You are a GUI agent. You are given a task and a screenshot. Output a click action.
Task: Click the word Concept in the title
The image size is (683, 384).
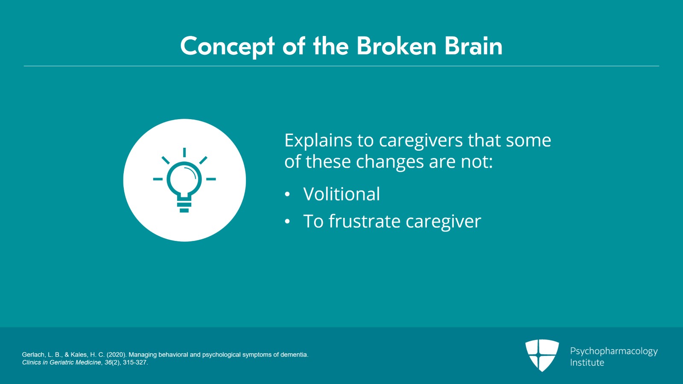[228, 47]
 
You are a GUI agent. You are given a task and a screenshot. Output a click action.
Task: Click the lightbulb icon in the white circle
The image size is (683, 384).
[184, 180]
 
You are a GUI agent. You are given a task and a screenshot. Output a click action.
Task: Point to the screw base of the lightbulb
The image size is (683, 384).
[184, 205]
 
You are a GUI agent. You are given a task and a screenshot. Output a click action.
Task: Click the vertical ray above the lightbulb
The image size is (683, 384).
[184, 152]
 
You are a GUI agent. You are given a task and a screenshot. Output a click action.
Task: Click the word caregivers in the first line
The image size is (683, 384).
[421, 141]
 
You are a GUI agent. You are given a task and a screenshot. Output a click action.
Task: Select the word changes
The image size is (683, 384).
[390, 161]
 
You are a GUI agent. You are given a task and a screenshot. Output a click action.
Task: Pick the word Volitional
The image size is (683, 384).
[341, 193]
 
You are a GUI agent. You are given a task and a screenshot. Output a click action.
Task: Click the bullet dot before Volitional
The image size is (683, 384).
[287, 194]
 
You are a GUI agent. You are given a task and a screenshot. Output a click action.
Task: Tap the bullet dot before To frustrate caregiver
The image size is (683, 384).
[287, 222]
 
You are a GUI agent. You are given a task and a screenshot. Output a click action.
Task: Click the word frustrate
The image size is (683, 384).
[365, 221]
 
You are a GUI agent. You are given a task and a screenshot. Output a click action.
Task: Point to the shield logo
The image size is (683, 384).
[542, 355]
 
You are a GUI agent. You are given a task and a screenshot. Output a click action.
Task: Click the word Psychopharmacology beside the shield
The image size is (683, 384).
[614, 352]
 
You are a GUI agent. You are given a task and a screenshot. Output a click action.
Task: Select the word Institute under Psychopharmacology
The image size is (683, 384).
[587, 362]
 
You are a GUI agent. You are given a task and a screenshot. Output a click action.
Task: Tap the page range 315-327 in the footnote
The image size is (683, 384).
[135, 363]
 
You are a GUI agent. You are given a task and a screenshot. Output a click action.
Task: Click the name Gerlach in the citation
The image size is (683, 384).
[34, 355]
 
